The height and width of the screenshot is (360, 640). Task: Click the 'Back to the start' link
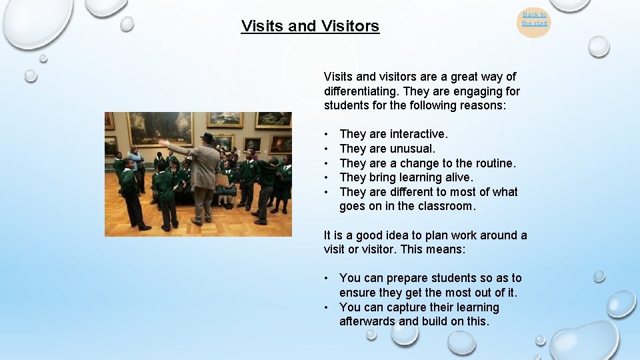click(x=534, y=19)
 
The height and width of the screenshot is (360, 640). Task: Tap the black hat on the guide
click(x=207, y=138)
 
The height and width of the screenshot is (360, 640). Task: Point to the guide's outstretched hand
click(x=163, y=143)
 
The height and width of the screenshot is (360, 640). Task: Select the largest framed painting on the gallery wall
click(x=160, y=128)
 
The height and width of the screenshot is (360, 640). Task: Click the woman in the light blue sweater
click(x=136, y=160)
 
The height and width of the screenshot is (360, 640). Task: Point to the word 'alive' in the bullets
click(x=458, y=177)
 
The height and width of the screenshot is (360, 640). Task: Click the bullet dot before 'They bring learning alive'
click(x=327, y=178)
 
